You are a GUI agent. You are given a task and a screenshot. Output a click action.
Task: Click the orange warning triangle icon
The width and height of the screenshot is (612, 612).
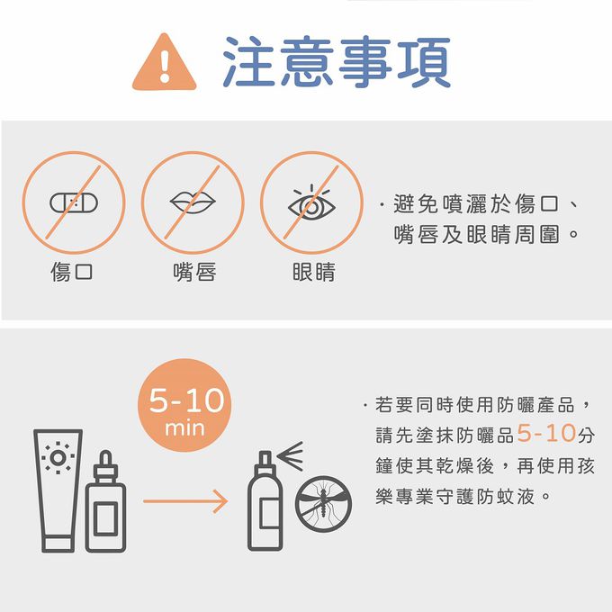click(165, 63)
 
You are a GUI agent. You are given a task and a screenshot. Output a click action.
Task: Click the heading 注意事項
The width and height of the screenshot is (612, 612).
click(337, 62)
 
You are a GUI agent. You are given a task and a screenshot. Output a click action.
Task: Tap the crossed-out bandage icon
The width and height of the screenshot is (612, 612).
click(74, 202)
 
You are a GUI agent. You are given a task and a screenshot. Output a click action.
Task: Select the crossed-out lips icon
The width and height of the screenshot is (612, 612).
click(193, 202)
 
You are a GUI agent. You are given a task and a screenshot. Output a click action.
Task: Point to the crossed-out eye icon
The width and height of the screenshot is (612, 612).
click(311, 203)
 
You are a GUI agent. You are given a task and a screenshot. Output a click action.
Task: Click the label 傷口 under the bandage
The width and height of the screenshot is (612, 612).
click(73, 271)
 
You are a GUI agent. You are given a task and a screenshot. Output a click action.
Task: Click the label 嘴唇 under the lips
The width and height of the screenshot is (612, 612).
click(193, 271)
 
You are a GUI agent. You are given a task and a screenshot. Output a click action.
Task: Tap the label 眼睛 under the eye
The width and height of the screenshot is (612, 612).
click(313, 271)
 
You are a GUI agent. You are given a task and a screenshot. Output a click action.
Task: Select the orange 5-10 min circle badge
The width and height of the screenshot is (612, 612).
click(185, 409)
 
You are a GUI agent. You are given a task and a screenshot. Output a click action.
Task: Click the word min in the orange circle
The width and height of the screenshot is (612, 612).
click(185, 428)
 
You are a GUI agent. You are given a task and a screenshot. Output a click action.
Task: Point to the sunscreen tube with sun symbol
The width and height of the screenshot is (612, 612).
click(58, 490)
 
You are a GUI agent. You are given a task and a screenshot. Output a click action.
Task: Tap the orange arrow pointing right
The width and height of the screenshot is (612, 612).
click(184, 500)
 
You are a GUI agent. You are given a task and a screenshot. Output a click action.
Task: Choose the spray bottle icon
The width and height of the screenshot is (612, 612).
click(265, 504)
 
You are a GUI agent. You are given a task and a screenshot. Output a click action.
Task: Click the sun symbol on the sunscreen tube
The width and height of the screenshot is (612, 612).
click(58, 458)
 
